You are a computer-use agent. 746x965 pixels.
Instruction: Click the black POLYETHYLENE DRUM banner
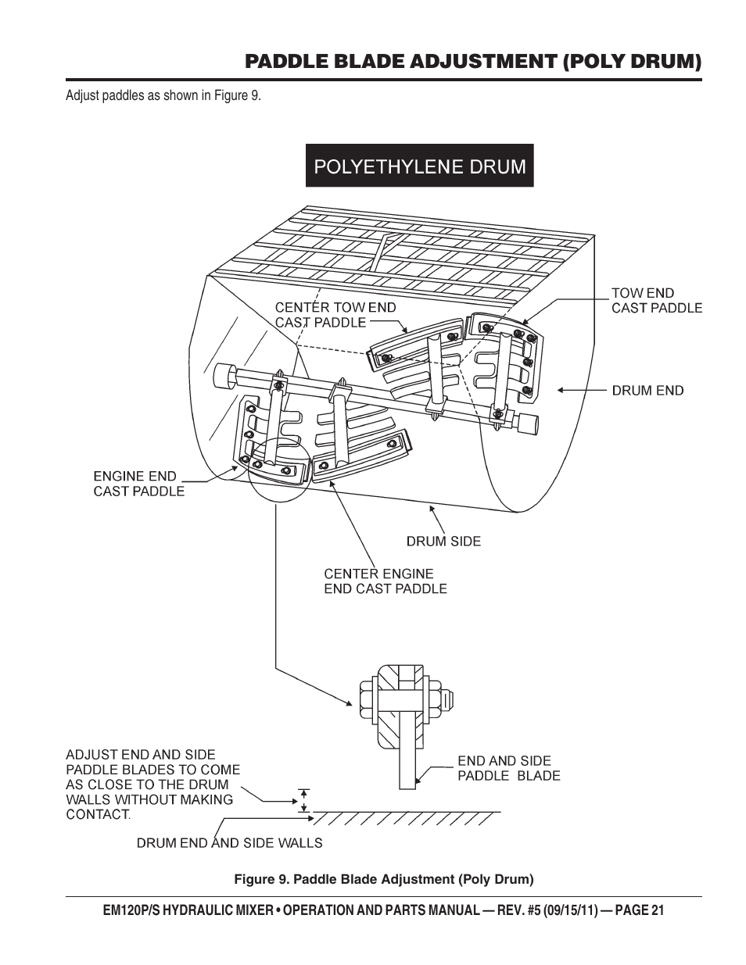(x=419, y=165)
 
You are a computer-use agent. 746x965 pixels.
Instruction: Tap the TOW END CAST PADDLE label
(x=657, y=301)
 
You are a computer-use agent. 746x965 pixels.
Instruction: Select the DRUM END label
(x=647, y=391)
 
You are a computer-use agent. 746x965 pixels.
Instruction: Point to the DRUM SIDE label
(x=443, y=541)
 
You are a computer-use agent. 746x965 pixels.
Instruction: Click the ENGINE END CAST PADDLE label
(x=138, y=484)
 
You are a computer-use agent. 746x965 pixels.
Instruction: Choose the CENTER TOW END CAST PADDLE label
(x=335, y=315)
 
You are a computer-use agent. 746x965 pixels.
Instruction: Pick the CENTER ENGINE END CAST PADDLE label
(x=386, y=581)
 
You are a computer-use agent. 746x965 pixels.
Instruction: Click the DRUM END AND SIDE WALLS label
(x=229, y=843)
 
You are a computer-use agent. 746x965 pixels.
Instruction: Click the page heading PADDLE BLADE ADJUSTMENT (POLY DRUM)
(x=473, y=61)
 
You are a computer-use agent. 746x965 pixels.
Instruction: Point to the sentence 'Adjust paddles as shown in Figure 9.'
(x=163, y=95)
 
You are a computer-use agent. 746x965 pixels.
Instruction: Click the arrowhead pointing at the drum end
(x=561, y=391)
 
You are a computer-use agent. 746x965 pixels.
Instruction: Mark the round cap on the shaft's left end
(x=225, y=376)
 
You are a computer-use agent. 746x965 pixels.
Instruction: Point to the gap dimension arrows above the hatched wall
(x=303, y=801)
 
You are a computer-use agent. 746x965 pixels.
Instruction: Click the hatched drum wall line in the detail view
(x=405, y=818)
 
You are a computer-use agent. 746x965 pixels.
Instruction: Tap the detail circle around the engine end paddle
(x=278, y=470)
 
